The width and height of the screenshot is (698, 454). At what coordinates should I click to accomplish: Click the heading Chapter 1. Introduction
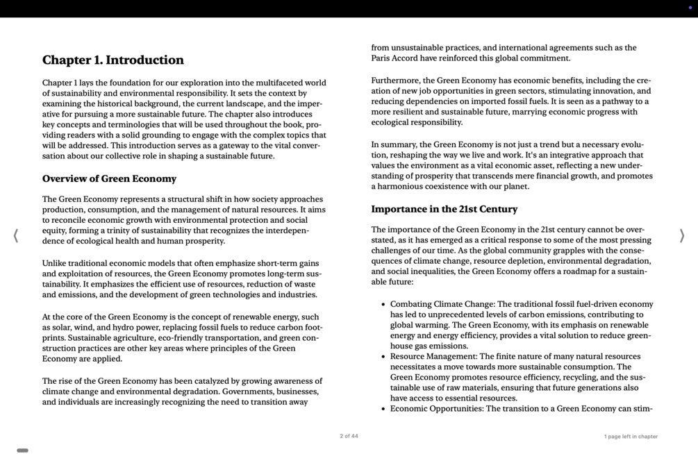[x=113, y=60]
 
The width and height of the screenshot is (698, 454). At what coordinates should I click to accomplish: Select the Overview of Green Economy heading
[x=109, y=179]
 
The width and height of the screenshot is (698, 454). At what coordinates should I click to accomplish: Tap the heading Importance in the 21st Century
[x=444, y=209]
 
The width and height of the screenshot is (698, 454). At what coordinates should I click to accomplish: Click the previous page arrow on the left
[x=16, y=236]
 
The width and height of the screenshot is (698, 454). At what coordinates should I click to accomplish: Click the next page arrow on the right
[x=681, y=236]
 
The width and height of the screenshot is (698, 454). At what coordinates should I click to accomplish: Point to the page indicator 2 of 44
[x=349, y=437]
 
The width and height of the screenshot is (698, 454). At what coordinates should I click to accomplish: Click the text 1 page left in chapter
[x=630, y=437]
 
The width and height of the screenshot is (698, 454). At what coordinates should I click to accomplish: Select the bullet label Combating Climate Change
[x=442, y=304]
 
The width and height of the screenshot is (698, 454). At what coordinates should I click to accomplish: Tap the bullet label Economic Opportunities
[x=435, y=409]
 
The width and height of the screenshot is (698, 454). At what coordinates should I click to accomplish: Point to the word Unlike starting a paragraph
[x=56, y=264]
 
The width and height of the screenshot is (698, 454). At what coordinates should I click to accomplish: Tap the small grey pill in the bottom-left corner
[x=22, y=451]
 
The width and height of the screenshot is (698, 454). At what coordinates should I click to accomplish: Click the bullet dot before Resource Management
[x=383, y=357]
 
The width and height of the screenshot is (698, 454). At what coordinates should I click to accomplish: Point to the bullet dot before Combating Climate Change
[x=383, y=304]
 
